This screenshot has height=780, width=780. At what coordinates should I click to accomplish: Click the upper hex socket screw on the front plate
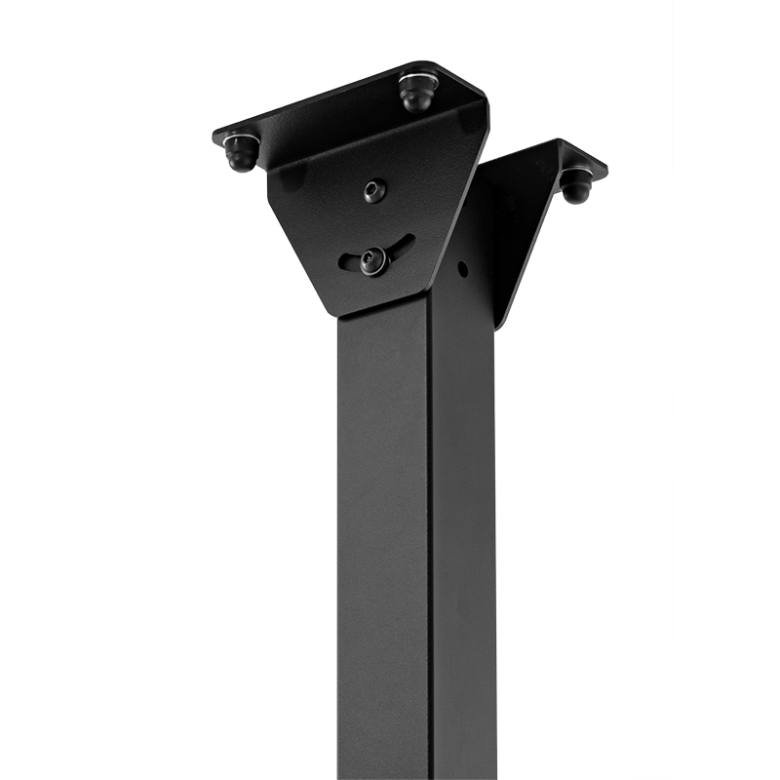[374, 191]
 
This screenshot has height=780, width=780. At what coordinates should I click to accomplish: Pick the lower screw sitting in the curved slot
[373, 260]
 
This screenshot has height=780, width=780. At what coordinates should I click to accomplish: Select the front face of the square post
[383, 536]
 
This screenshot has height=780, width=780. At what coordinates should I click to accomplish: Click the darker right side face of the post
[463, 536]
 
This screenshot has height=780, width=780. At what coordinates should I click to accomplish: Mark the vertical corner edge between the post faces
[429, 536]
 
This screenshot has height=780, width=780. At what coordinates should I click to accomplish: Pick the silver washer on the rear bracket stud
[576, 174]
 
